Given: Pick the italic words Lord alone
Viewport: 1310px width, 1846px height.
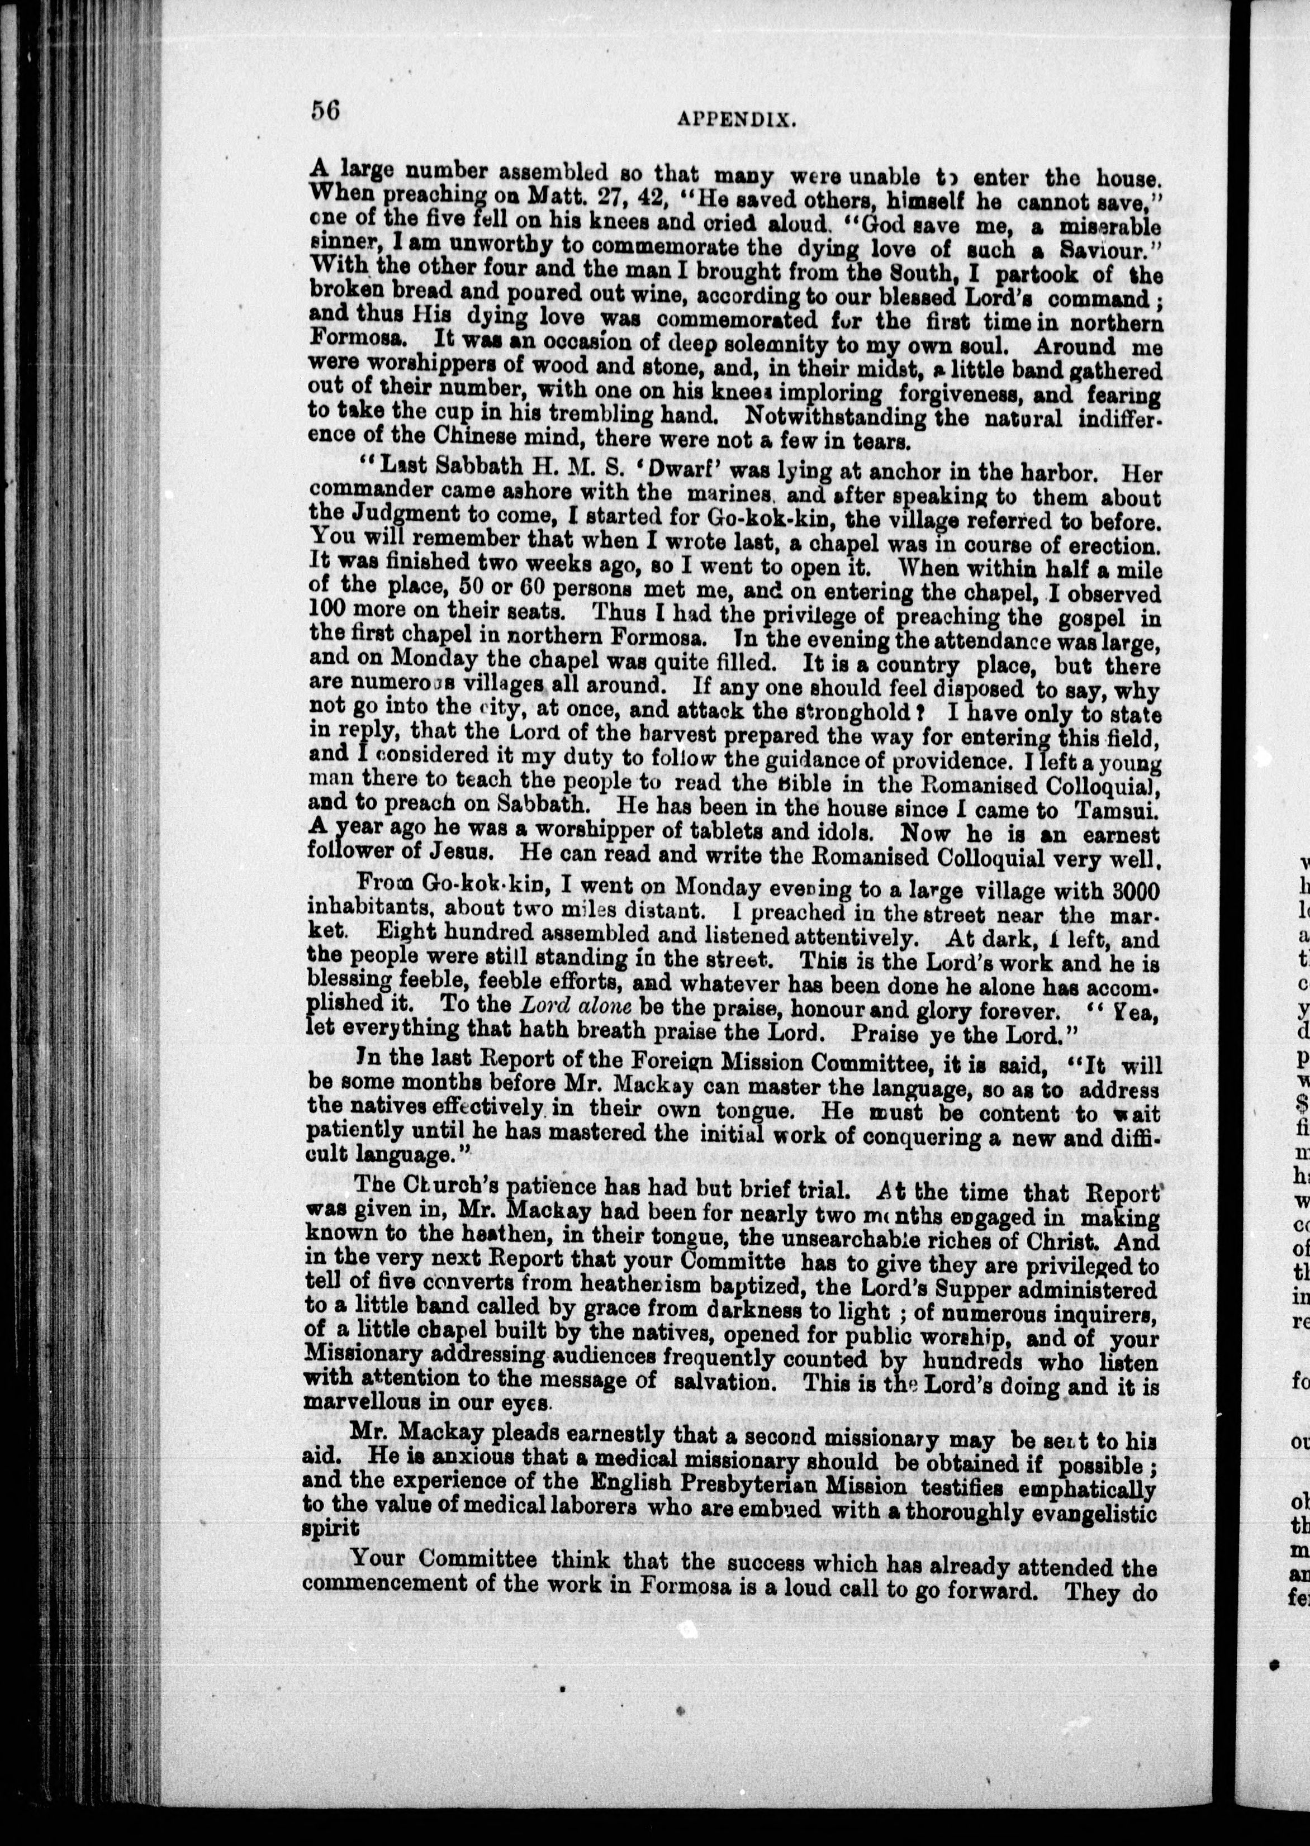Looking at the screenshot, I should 575,1006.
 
